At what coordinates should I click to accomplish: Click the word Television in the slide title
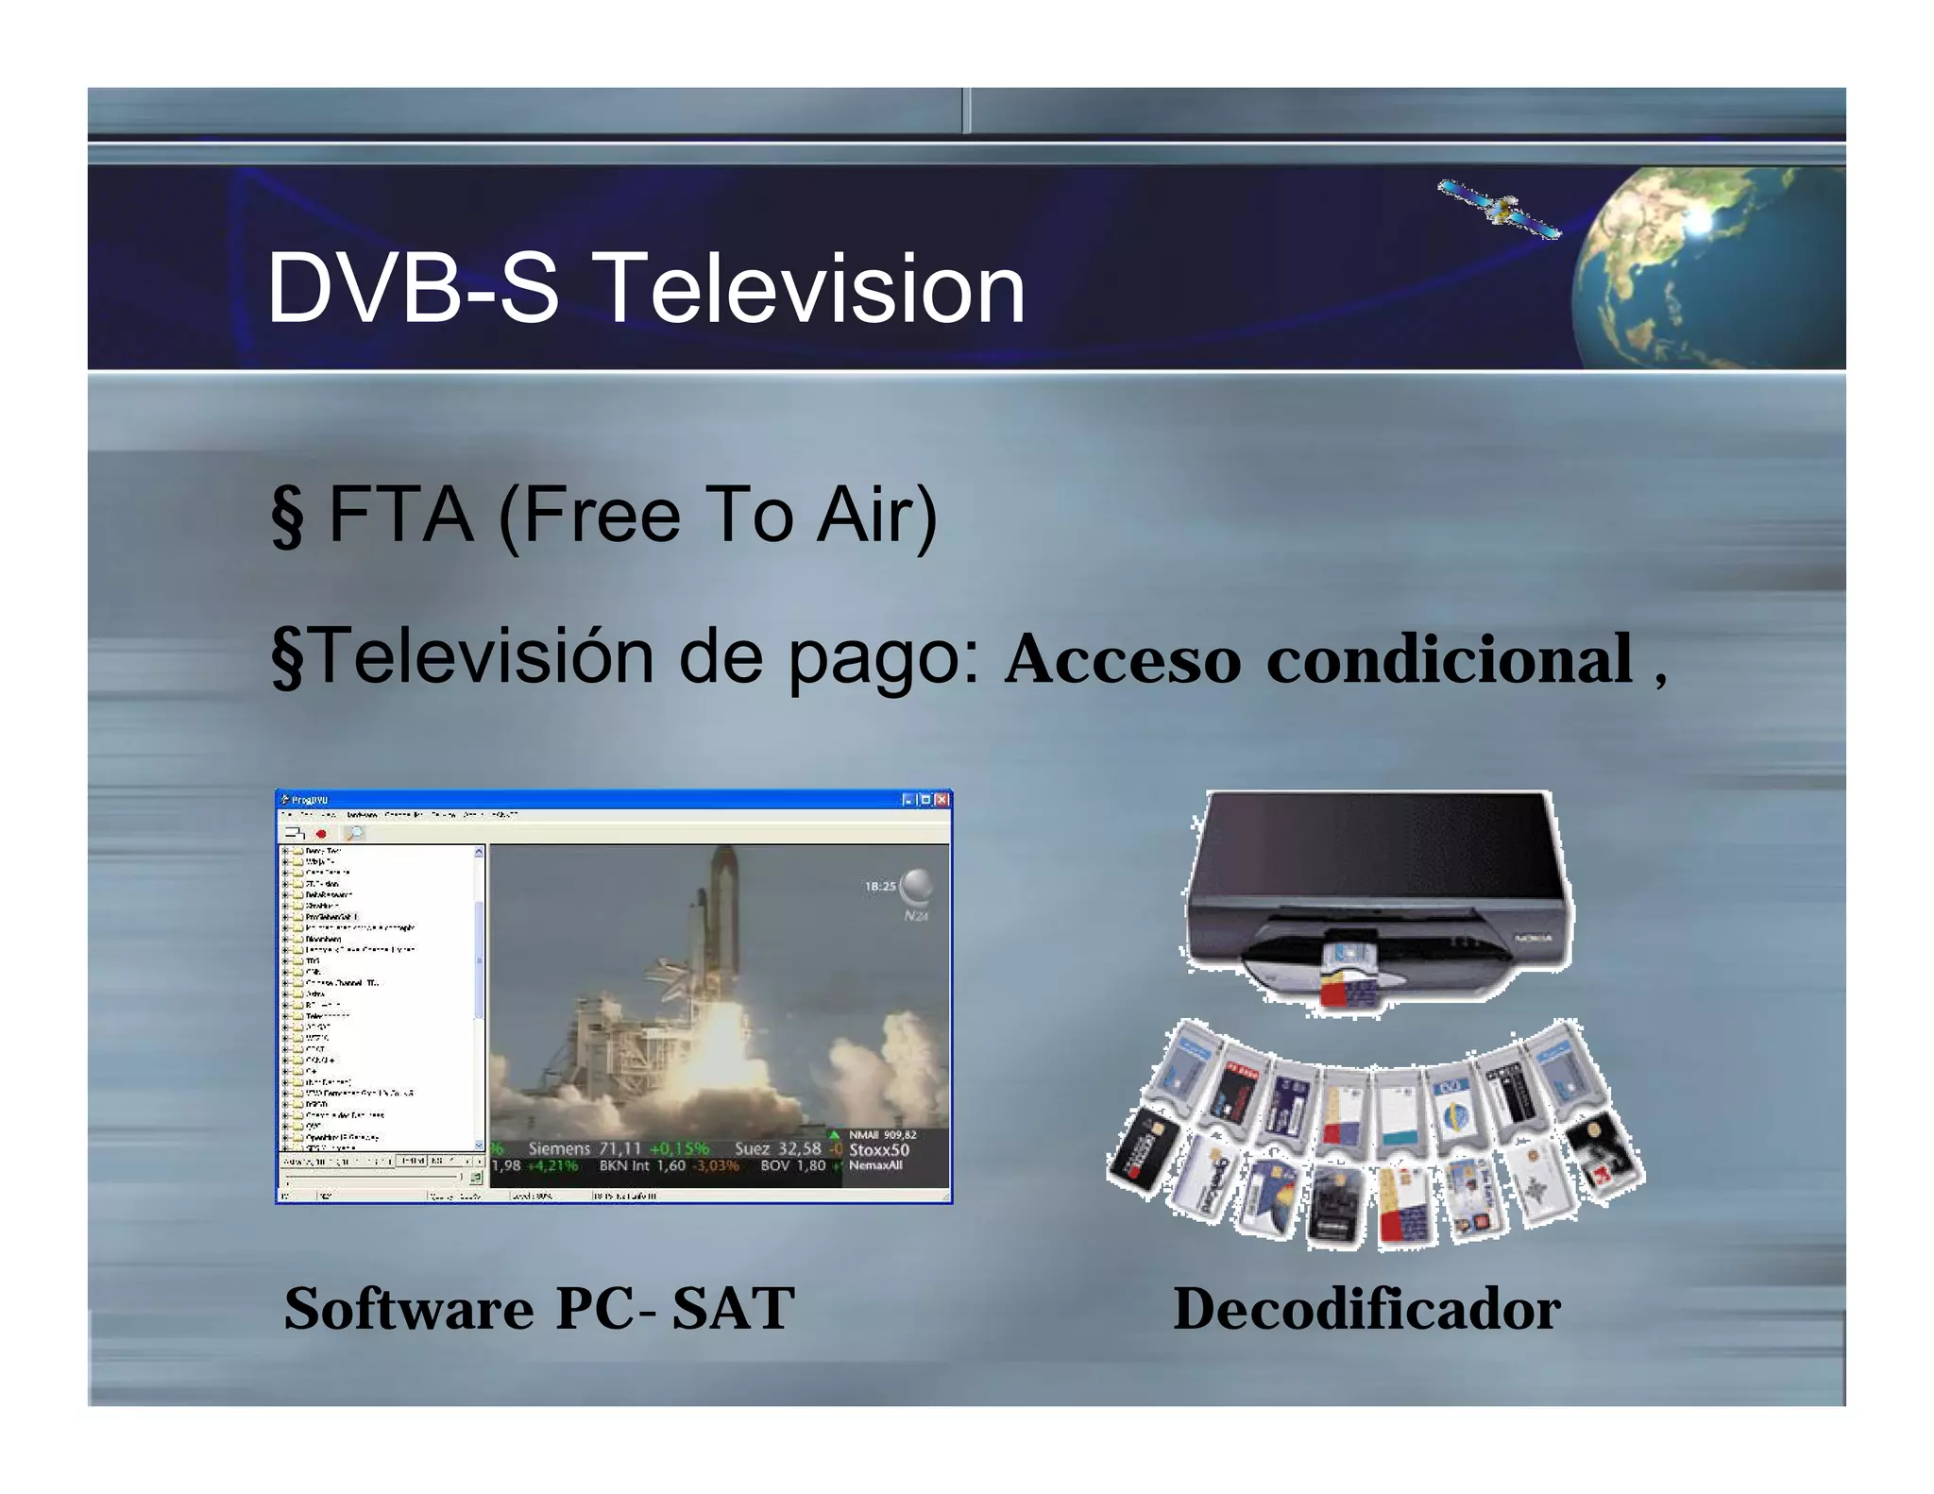[x=811, y=288]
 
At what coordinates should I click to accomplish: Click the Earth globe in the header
[x=1709, y=268]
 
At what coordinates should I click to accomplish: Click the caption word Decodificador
[x=1366, y=1309]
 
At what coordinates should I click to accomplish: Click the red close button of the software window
[x=941, y=800]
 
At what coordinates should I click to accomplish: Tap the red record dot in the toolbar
[x=321, y=834]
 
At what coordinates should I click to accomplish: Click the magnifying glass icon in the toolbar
[x=353, y=833]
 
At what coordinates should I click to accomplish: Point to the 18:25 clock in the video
[x=880, y=886]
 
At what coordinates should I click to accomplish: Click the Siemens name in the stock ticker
[x=559, y=1148]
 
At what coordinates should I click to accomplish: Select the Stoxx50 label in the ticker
[x=878, y=1149]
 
